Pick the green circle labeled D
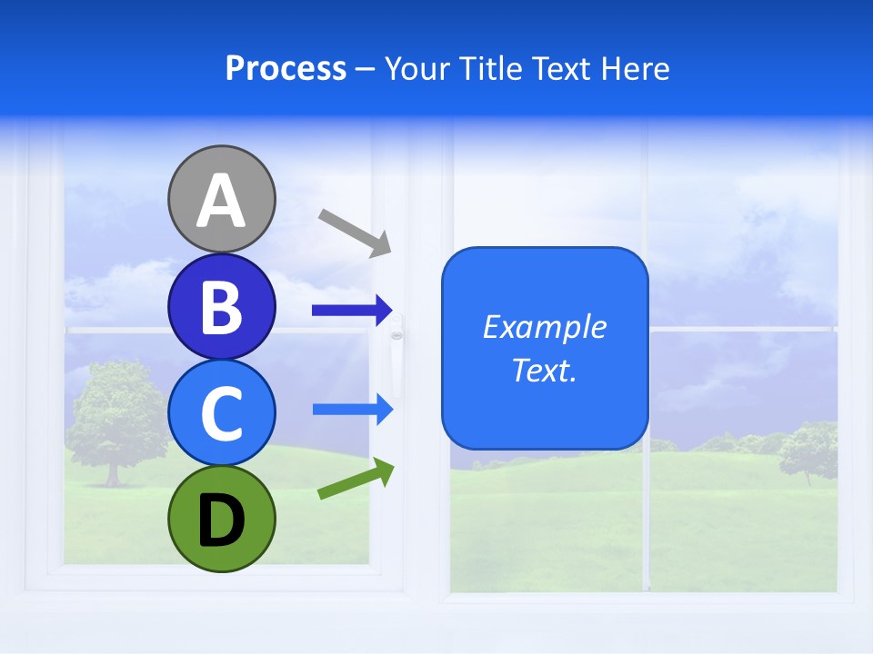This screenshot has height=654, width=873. (221, 519)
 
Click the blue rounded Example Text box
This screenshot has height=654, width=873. (545, 400)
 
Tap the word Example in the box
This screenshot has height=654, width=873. (545, 327)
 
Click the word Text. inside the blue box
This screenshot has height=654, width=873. (545, 371)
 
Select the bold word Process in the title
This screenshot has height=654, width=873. (286, 69)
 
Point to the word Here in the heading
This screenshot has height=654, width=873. (636, 69)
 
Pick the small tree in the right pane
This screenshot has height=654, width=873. (808, 450)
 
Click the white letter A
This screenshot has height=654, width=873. (221, 202)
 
